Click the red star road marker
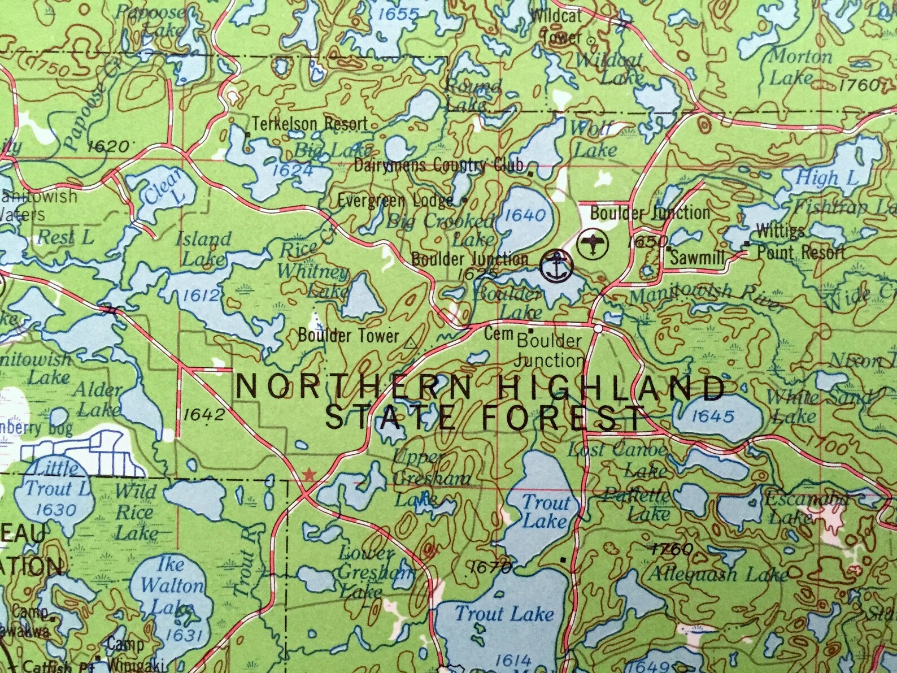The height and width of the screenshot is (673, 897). [x=309, y=475]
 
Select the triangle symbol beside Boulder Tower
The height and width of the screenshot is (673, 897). [x=411, y=341]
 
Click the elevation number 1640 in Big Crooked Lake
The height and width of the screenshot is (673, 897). [x=525, y=215]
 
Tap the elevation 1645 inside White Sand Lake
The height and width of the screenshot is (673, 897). [x=713, y=417]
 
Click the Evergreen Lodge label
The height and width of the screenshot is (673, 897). [x=395, y=201]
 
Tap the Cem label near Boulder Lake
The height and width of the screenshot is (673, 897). [x=499, y=334]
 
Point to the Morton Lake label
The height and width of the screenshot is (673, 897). [x=799, y=67]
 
